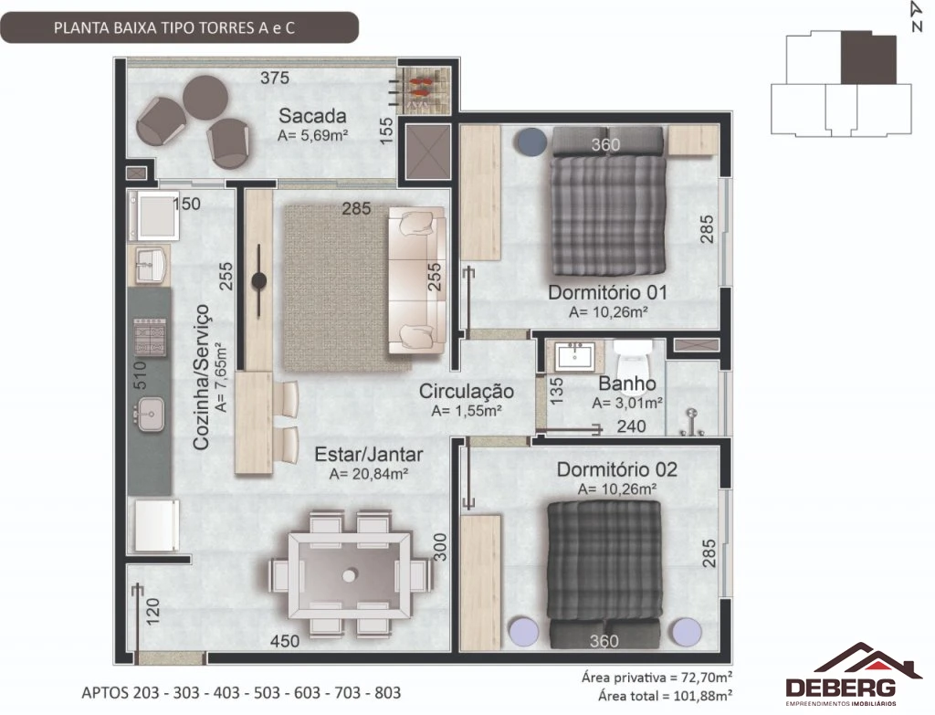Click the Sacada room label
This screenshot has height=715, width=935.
(312, 115)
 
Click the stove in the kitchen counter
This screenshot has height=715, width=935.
(150, 337)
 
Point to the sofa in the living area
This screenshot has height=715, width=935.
(417, 280)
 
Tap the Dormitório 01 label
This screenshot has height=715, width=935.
(607, 292)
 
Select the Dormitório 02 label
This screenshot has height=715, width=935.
(617, 469)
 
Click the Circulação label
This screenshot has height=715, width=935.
(467, 391)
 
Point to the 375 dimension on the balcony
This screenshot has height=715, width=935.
(274, 78)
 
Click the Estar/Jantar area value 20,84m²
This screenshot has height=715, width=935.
(369, 474)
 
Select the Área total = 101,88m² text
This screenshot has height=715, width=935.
(666, 695)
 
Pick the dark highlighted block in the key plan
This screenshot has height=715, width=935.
(868, 58)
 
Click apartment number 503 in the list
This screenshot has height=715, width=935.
(267, 692)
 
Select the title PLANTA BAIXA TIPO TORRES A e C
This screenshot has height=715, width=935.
(174, 28)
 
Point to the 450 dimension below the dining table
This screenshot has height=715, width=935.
(285, 641)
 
